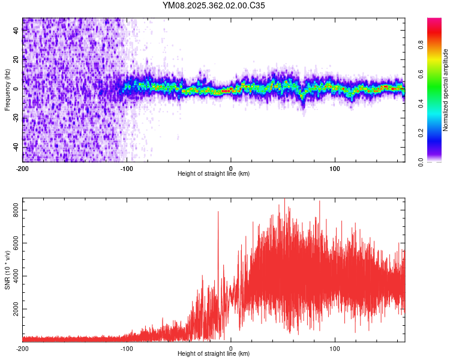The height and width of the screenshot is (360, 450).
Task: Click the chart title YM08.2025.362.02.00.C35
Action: [x=214, y=5]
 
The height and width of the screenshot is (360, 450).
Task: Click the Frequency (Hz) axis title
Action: [x=7, y=90]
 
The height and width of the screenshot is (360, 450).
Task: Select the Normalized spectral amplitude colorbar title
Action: [x=445, y=90]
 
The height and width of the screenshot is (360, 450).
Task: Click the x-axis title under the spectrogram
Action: [x=214, y=173]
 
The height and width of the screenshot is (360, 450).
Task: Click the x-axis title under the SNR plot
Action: [x=214, y=353]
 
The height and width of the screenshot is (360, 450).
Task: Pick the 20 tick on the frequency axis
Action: [x=16, y=59]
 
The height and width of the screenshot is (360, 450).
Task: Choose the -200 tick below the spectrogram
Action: [x=23, y=167]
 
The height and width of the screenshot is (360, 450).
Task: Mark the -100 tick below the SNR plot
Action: [x=127, y=347]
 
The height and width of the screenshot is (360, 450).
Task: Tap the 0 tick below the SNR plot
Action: [x=231, y=347]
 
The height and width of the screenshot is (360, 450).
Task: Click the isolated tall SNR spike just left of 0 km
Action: [x=218, y=214]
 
